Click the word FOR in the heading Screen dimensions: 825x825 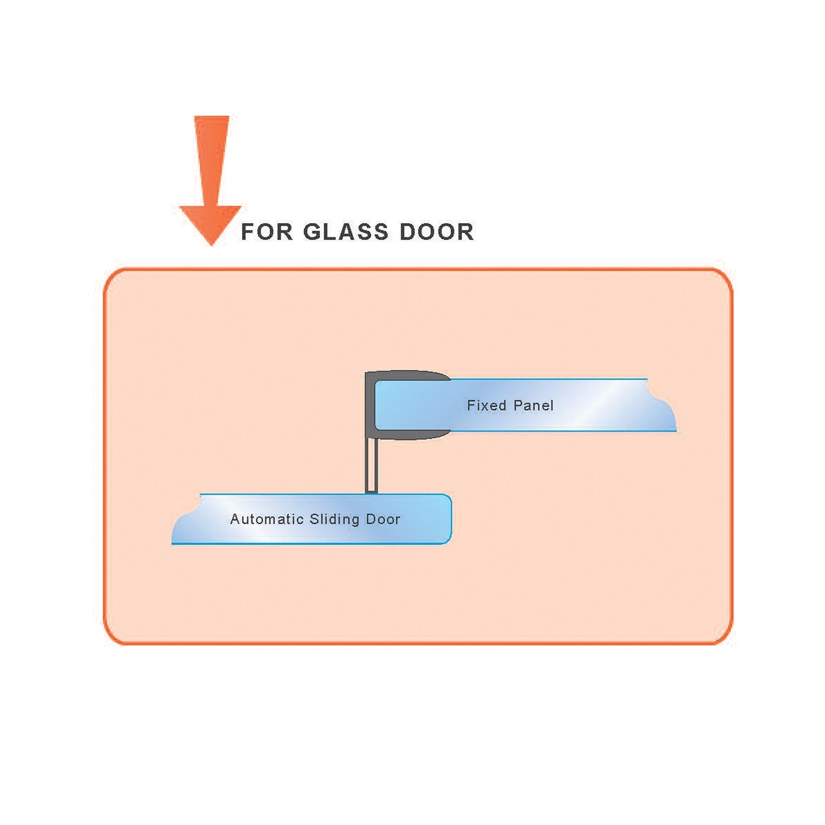click(266, 232)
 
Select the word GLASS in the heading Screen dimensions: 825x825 click(346, 232)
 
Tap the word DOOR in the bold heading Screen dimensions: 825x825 click(436, 232)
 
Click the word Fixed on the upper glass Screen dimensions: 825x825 click(486, 405)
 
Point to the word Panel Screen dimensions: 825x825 click(533, 405)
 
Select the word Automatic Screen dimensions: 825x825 click(267, 519)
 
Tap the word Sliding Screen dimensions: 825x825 click(335, 519)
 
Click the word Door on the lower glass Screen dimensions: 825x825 click(383, 519)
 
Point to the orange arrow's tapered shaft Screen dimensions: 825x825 click(211, 160)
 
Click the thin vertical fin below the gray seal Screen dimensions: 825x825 click(372, 465)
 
